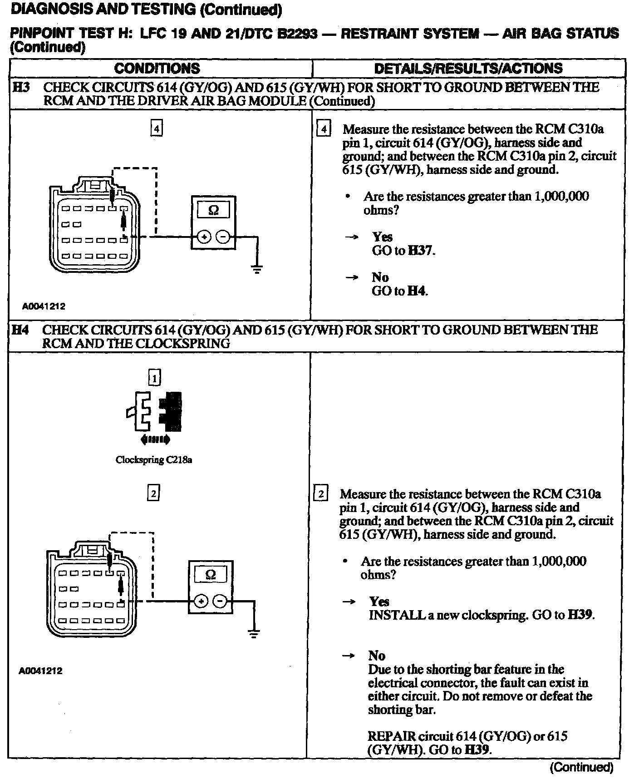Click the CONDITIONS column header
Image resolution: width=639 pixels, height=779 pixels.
[157, 68]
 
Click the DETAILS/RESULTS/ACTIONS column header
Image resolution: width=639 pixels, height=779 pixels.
[468, 68]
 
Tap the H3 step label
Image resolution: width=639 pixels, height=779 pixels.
[21, 87]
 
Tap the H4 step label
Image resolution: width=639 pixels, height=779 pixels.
[20, 330]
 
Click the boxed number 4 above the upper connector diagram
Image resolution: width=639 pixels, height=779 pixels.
[156, 129]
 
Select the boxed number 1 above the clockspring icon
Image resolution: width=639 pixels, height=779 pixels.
[154, 378]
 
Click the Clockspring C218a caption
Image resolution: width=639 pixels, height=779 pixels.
[154, 460]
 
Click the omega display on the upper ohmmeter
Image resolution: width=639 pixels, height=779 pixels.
[213, 210]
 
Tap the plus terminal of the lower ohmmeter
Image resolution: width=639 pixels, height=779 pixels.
[200, 602]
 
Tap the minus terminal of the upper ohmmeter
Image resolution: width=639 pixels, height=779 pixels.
[222, 237]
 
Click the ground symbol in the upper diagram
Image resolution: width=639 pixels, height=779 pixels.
[257, 270]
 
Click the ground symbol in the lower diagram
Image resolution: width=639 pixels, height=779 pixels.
[254, 634]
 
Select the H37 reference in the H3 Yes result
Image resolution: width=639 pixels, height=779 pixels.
[421, 251]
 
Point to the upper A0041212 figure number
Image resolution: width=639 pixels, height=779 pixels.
[44, 306]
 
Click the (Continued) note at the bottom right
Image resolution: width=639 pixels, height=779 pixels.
[581, 767]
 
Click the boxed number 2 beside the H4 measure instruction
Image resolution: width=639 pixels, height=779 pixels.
[320, 494]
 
